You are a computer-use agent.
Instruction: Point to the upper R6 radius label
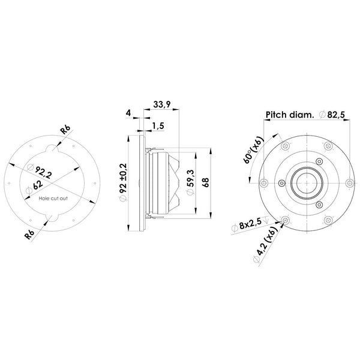pyautogui.click(x=65, y=131)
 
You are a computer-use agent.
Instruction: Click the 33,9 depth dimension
pyautogui.click(x=161, y=105)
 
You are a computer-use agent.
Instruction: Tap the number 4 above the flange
pyautogui.click(x=128, y=112)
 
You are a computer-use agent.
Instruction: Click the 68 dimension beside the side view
pyautogui.click(x=206, y=183)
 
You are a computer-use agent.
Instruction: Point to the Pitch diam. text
pyautogui.click(x=288, y=114)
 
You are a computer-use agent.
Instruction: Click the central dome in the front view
pyautogui.click(x=305, y=182)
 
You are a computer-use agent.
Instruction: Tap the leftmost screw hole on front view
pyautogui.click(x=263, y=182)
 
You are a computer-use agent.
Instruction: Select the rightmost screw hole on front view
pyautogui.click(x=349, y=182)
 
